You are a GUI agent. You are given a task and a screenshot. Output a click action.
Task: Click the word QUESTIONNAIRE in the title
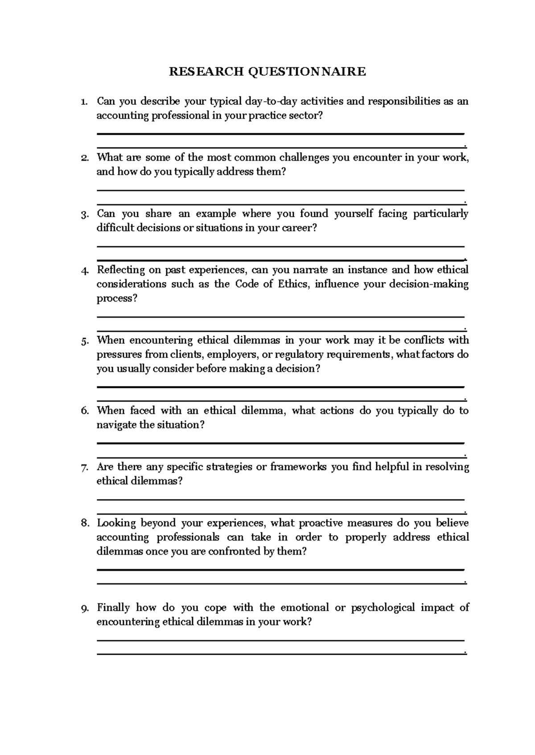click(x=307, y=71)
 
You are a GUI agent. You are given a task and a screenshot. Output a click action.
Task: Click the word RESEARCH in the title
click(x=206, y=71)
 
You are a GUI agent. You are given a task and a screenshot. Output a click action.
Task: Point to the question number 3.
click(x=85, y=214)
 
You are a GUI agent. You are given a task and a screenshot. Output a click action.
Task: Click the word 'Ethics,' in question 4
click(x=293, y=284)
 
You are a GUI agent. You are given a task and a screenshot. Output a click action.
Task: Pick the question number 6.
click(x=85, y=411)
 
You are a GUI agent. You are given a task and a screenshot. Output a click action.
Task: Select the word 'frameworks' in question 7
click(x=298, y=467)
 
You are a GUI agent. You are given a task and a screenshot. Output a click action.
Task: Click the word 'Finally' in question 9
click(x=113, y=607)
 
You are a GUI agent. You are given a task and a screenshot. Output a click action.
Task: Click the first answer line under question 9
click(x=280, y=640)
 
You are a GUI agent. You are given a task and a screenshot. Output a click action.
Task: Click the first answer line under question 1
click(x=280, y=134)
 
